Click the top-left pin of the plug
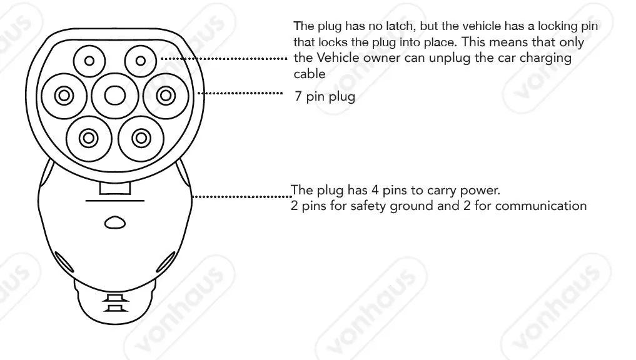click(89, 61)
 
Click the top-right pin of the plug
click(140, 61)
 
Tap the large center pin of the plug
click(114, 95)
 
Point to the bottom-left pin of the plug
click(89, 136)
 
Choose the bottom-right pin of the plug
click(141, 136)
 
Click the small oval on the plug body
click(114, 222)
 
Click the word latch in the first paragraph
click(389, 27)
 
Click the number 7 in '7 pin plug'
click(299, 97)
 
